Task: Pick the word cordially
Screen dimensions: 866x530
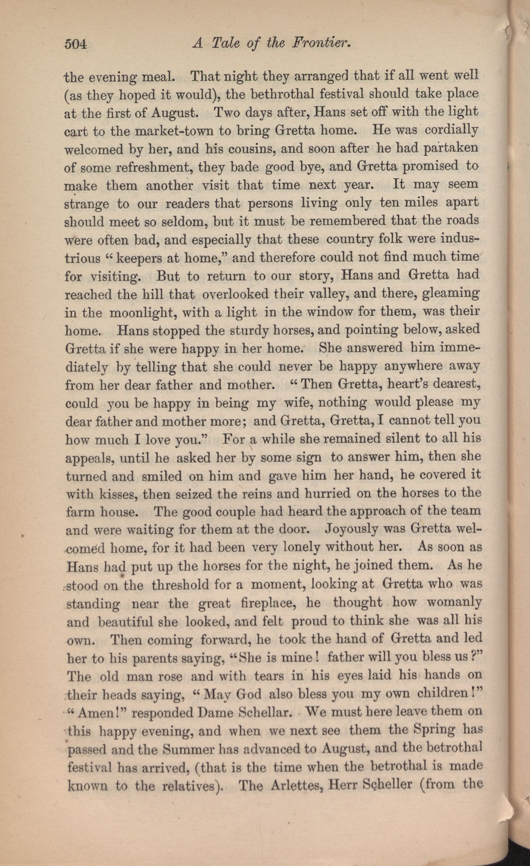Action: (452, 130)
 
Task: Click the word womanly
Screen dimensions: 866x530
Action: (454, 603)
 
